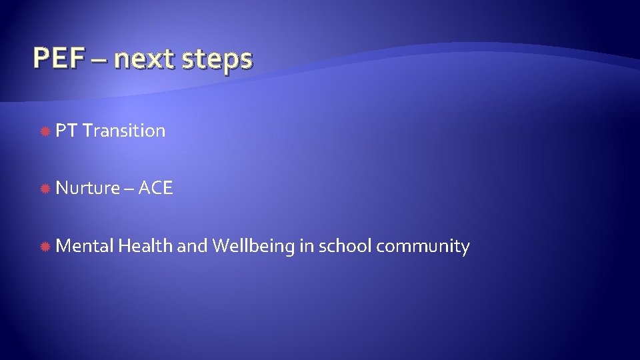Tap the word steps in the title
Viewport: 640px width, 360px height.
coord(221,61)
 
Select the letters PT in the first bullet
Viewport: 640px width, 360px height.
coord(67,131)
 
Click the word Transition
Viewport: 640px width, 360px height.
coord(125,131)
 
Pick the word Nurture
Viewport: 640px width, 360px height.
coord(86,189)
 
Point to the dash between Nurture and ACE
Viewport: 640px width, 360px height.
coord(128,190)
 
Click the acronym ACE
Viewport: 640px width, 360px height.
coord(156,189)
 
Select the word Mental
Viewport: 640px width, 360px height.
coord(85,246)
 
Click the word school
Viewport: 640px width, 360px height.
coord(345,246)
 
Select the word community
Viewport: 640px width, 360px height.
coord(423,247)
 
